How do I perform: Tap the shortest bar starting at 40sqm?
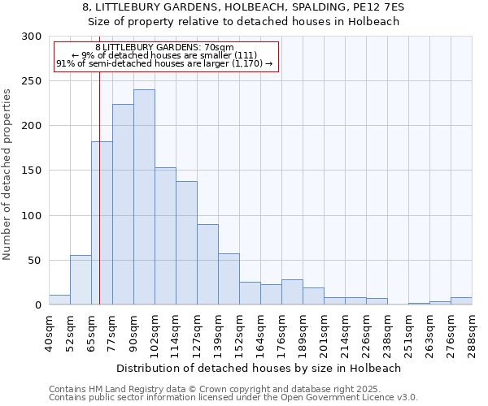point(59,300)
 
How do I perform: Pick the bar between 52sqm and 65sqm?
point(81,280)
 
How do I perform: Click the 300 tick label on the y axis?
point(31,37)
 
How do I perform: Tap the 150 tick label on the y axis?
point(31,171)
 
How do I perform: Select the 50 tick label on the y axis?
point(34,261)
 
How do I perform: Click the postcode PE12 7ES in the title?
point(380,6)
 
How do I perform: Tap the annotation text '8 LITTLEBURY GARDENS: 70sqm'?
point(164,48)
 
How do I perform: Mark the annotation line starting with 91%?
point(164,63)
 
